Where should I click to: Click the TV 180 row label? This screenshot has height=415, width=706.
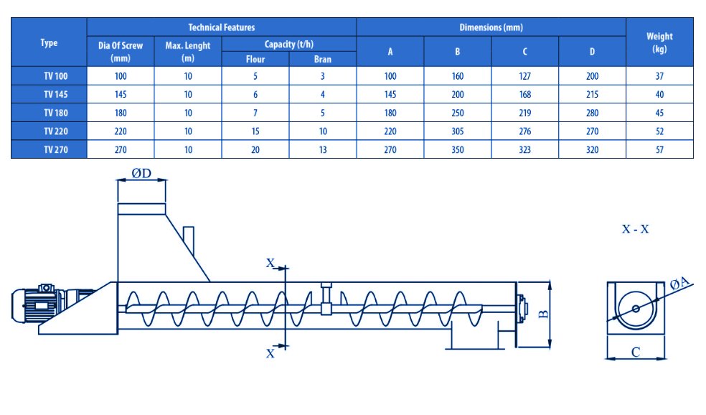(x=56, y=113)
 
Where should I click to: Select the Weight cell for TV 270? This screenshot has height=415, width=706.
(x=659, y=149)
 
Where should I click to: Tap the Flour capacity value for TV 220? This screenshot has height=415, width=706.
(x=255, y=131)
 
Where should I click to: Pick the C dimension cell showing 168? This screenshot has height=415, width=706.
(x=524, y=94)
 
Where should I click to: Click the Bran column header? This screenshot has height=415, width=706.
(x=322, y=59)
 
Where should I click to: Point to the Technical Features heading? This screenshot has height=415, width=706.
(x=221, y=27)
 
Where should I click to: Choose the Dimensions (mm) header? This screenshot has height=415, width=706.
(x=491, y=27)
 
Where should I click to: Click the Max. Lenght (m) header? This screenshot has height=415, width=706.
(x=188, y=52)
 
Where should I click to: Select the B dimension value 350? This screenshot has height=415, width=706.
(x=458, y=149)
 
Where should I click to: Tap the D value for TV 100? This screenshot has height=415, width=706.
(x=592, y=76)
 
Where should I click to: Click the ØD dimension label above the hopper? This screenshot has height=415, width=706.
(x=141, y=173)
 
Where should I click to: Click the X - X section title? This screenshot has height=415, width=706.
(x=635, y=229)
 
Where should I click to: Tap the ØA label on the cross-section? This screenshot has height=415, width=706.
(x=679, y=284)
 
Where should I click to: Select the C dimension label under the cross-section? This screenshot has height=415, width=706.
(x=635, y=352)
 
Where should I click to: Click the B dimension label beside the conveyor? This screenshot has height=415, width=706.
(x=543, y=314)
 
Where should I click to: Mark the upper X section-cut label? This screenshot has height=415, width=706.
(x=270, y=263)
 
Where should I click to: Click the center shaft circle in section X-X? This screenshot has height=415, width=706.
(x=635, y=309)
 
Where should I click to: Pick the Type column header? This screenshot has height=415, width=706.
(x=49, y=43)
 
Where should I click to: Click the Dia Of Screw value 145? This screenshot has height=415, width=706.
(x=121, y=94)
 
